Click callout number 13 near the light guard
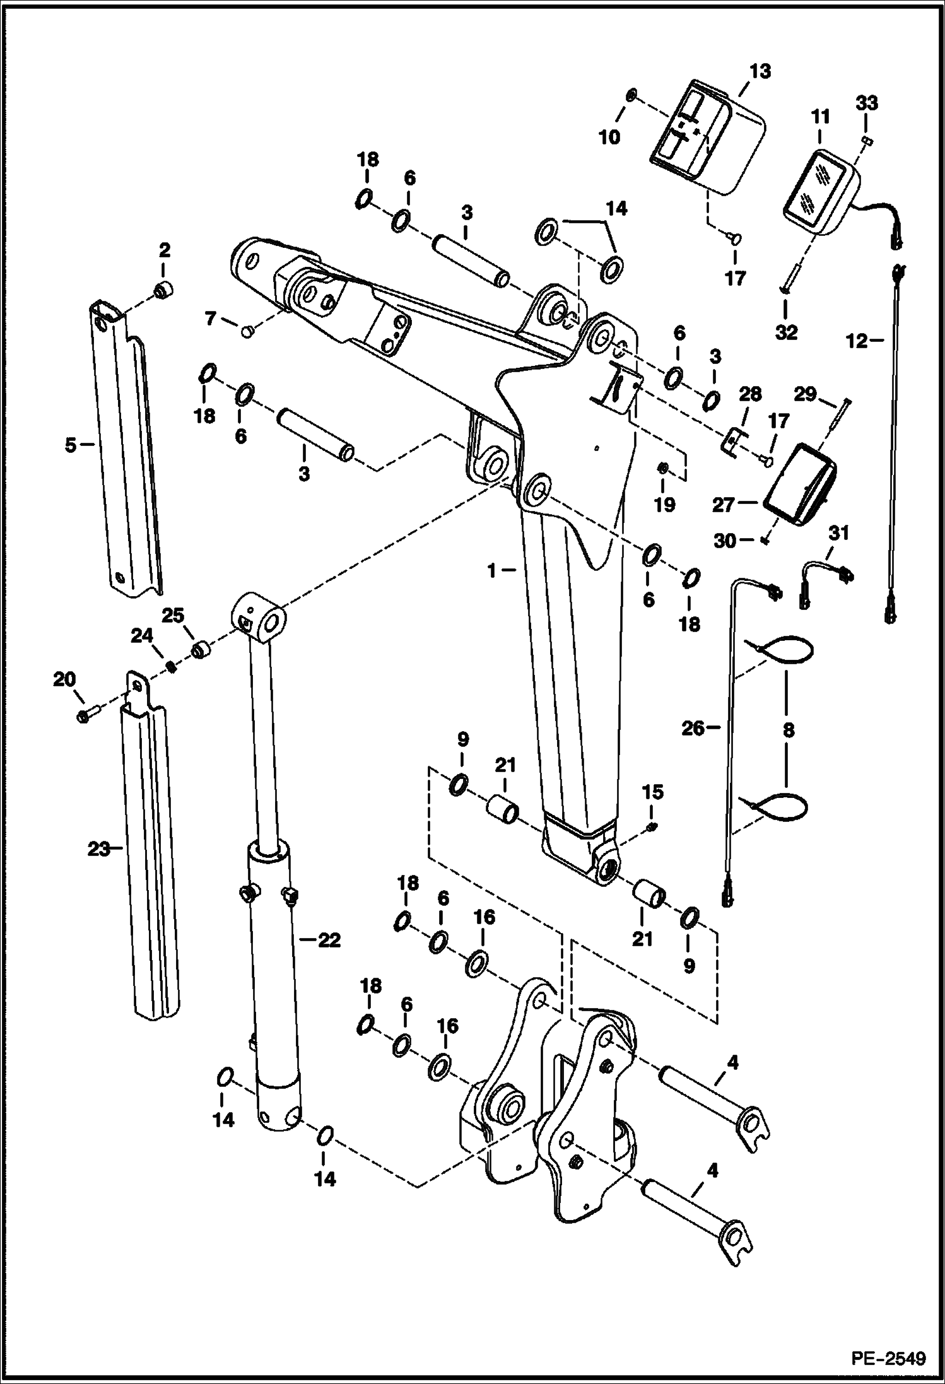point(761,71)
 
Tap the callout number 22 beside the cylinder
point(329,941)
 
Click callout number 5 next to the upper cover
point(71,445)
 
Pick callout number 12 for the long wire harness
point(856,341)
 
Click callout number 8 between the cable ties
point(788,731)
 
